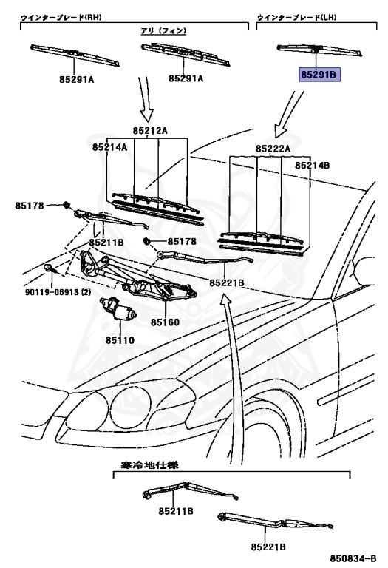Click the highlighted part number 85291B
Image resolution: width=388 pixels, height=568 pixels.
point(319,75)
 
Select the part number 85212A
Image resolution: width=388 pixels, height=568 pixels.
point(150,131)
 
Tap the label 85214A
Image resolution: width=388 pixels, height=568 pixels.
point(109,147)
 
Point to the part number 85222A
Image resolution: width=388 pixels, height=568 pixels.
point(273,149)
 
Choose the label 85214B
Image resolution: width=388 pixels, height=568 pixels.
point(312,166)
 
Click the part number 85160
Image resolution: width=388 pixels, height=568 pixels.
point(165,322)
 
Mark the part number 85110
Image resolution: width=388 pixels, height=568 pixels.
point(120,340)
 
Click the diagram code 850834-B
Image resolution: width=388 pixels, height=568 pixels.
point(353,558)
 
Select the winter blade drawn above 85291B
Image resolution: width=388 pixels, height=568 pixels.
point(319,50)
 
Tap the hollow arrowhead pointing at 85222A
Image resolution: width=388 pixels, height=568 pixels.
point(280,131)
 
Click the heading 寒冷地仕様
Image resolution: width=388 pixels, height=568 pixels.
point(149,464)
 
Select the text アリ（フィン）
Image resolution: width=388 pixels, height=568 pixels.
point(163,31)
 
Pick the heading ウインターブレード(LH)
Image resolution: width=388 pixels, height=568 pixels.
point(297,17)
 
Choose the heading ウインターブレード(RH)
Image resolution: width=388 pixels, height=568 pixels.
point(61,17)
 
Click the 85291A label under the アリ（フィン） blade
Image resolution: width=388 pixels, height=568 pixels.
point(186,78)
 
